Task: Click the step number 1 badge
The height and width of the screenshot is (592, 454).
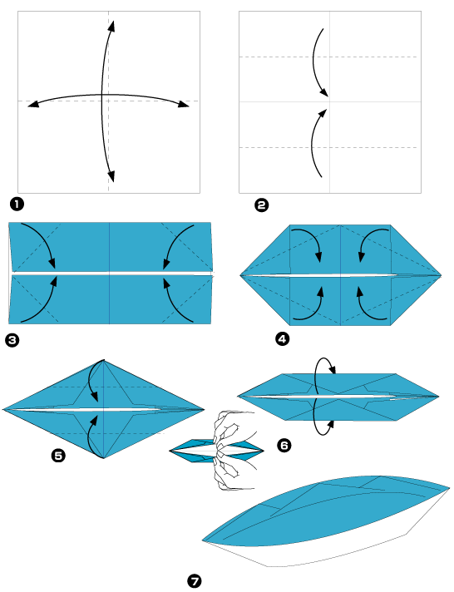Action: tap(17, 202)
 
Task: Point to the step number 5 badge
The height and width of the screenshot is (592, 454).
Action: tap(59, 456)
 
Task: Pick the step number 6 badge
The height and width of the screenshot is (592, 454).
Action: tap(284, 446)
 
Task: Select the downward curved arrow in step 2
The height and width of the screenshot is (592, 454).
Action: tap(318, 63)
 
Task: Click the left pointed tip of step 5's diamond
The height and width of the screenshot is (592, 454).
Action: tap(6, 408)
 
